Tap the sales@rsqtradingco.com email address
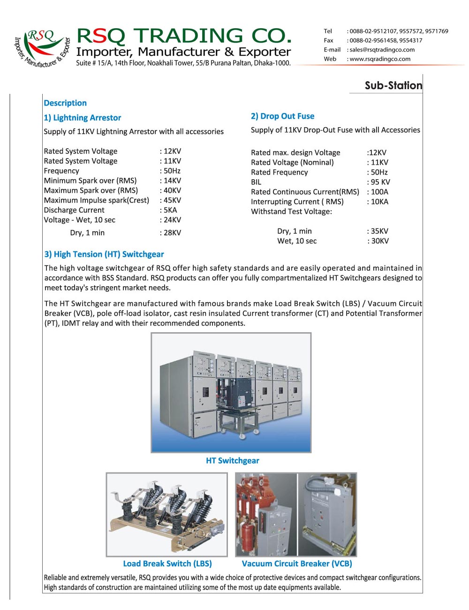[x=382, y=50]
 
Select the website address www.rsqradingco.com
[x=379, y=59]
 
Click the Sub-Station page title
[x=393, y=85]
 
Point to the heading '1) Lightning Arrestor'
[x=83, y=118]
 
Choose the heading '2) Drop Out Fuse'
[x=282, y=116]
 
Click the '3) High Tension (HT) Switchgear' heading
[x=104, y=254]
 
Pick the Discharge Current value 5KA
[x=170, y=210]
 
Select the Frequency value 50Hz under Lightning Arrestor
[x=172, y=171]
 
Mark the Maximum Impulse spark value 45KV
[x=172, y=200]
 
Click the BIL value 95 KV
[x=380, y=182]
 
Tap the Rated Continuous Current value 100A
[x=379, y=192]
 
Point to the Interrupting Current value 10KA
[x=379, y=202]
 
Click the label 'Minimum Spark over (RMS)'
[x=90, y=181]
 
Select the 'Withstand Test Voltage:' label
[x=291, y=212]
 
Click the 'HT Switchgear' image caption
[x=232, y=461]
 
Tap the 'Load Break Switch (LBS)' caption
[x=167, y=564]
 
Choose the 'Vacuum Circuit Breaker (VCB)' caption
[x=297, y=564]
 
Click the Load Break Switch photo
[x=166, y=514]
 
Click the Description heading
[x=65, y=103]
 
